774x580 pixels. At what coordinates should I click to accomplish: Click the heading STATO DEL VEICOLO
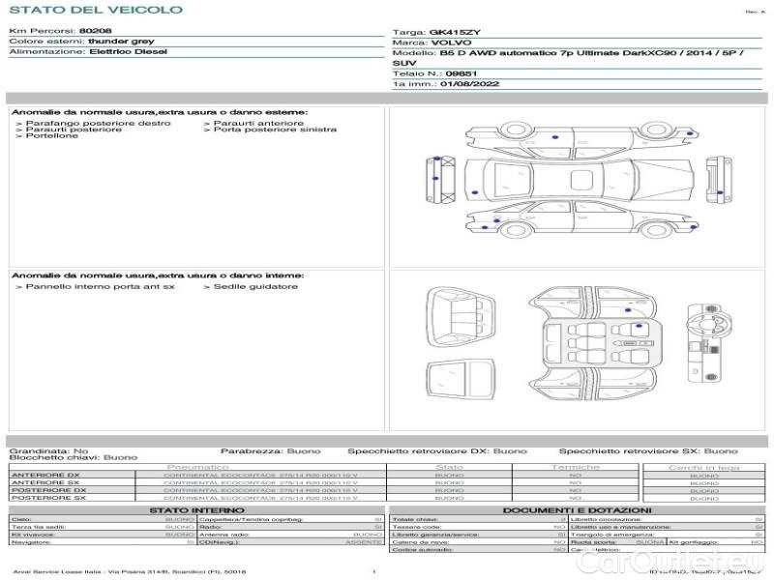click(x=95, y=10)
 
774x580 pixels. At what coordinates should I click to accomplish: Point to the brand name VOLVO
click(x=448, y=43)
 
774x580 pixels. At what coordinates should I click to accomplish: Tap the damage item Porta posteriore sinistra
click(x=275, y=130)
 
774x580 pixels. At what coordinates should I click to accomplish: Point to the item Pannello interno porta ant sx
click(x=100, y=286)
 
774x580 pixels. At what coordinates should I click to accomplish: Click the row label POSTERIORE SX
click(x=47, y=498)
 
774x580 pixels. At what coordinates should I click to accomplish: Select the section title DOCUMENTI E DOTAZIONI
click(x=577, y=509)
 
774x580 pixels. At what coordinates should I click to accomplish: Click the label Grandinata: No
click(x=48, y=450)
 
